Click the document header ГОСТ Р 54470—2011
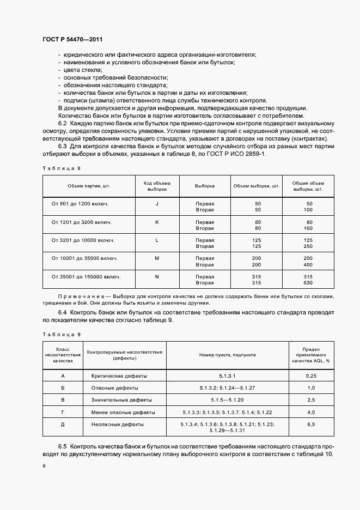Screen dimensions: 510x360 (72, 40)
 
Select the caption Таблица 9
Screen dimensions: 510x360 (61, 334)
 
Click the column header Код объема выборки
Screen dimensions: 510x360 (157, 186)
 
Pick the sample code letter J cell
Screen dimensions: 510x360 (157, 203)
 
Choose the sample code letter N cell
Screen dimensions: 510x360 (157, 277)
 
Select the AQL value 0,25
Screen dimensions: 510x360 (311, 376)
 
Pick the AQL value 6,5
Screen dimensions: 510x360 (311, 423)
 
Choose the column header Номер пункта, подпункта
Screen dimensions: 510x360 (227, 354)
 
